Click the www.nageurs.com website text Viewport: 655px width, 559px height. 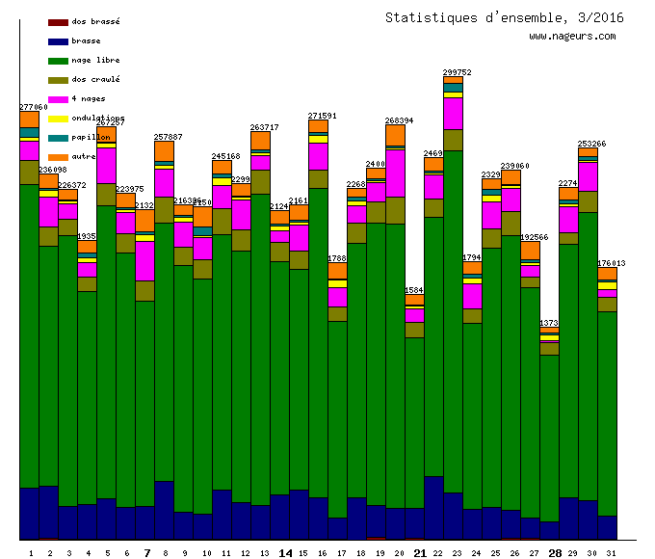[572, 37]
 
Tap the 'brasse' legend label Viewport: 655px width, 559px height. [86, 40]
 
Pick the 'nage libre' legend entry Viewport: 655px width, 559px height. [95, 60]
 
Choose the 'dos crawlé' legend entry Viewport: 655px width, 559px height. [95, 79]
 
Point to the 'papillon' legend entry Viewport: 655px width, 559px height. [89, 137]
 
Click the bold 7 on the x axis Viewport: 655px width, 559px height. [146, 553]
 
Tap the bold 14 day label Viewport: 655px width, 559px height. [285, 553]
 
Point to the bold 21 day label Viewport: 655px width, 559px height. [420, 553]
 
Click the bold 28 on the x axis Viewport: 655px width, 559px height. [555, 553]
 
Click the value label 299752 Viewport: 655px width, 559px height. [457, 72]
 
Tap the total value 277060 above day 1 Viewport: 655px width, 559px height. [34, 107]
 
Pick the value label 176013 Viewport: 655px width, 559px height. [611, 263]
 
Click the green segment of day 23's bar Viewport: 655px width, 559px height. [453, 318]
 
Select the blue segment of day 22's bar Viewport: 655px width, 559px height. [433, 507]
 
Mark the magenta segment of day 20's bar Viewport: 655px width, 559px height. [395, 173]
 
